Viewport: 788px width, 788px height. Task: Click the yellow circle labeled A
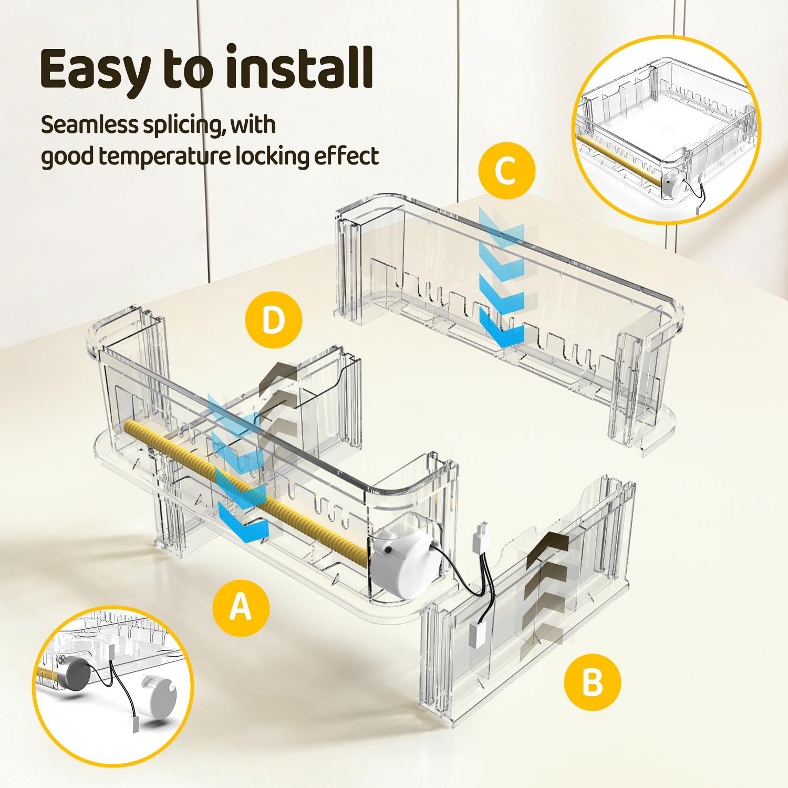241,608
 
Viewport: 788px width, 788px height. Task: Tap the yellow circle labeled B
593,683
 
